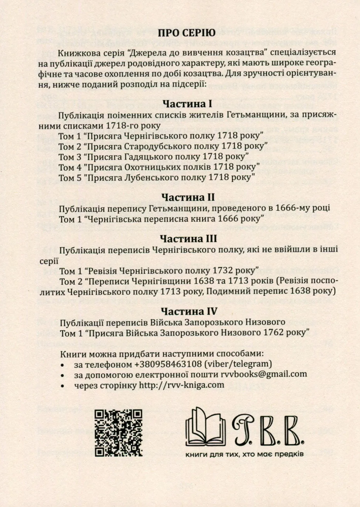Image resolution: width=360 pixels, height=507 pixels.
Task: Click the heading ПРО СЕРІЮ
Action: [187, 33]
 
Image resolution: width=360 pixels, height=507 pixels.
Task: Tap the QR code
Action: [118, 432]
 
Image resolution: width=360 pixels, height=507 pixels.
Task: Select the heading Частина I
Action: [187, 104]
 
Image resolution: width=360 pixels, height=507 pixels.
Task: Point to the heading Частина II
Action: [188, 197]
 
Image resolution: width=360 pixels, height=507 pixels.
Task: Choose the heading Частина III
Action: [188, 239]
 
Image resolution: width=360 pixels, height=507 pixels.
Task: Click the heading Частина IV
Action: [189, 311]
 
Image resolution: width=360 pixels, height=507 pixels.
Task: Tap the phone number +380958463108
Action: [168, 364]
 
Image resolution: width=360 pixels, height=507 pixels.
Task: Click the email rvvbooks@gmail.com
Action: [264, 374]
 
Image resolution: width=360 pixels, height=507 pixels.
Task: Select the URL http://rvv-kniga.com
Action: [181, 385]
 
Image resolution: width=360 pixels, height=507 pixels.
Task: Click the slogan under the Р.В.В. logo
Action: [244, 454]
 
